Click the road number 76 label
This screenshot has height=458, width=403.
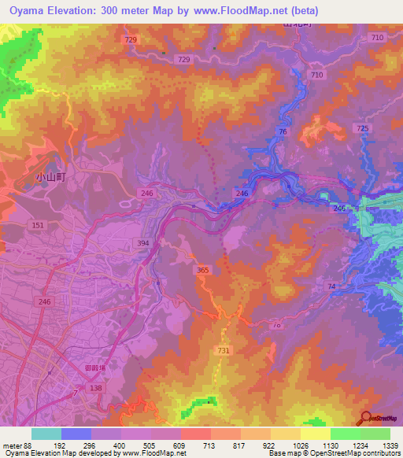[282, 133]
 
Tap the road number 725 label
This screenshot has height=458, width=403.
[362, 128]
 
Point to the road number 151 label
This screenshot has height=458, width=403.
[37, 226]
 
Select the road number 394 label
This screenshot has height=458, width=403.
[142, 243]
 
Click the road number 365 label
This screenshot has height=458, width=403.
[203, 271]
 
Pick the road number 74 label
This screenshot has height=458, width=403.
[331, 286]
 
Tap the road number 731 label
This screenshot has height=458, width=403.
[223, 350]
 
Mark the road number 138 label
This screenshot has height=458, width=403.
[95, 389]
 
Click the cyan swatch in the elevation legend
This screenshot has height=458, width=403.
[46, 434]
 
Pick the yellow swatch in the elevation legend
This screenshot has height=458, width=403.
[315, 434]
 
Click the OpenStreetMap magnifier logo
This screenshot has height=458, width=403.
[364, 418]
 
